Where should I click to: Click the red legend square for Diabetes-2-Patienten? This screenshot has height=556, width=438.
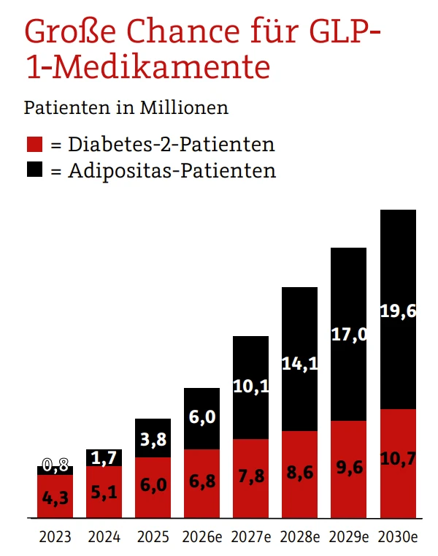34,144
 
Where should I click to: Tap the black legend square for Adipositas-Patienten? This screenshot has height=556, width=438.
34,170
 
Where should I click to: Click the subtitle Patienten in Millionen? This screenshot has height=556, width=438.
126,107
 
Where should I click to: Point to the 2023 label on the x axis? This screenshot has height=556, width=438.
55,537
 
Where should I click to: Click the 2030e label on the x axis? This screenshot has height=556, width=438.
398,537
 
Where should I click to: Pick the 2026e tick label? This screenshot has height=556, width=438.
201,537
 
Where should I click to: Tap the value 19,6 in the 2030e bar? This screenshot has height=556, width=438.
398,311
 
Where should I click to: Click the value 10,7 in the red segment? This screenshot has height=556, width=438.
398,459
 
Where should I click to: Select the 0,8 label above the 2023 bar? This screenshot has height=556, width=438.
55,465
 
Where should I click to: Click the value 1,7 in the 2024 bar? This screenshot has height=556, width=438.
104,458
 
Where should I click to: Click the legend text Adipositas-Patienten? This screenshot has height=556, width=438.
172,171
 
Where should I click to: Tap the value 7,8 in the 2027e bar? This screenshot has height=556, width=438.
251,477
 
